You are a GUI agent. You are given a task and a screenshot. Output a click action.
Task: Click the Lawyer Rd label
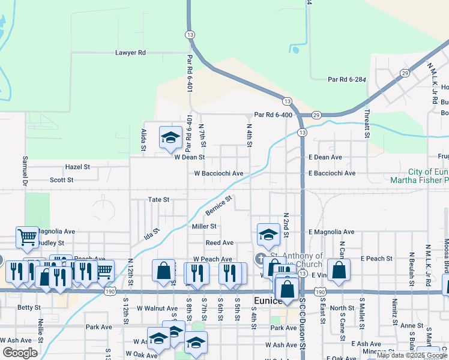point(130,53)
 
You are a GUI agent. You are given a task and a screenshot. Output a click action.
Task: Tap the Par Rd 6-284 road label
point(346,79)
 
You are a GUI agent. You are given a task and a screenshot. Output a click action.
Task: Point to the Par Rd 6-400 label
point(273,115)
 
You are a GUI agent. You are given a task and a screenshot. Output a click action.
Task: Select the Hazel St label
point(77,167)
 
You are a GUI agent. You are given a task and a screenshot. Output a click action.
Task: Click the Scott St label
point(61,179)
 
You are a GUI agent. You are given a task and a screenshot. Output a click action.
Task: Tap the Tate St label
point(158,199)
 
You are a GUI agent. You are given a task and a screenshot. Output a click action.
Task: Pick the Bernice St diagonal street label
point(218,206)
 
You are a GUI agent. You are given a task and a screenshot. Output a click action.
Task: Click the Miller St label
point(203,226)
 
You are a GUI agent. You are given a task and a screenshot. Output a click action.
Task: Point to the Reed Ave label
point(219,243)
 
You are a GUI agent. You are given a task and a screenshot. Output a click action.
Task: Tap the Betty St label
point(28,307)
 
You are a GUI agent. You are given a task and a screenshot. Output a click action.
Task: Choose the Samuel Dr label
point(25,170)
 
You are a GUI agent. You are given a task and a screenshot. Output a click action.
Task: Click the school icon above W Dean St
point(170,137)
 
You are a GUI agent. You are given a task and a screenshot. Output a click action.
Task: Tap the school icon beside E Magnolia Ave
point(268,235)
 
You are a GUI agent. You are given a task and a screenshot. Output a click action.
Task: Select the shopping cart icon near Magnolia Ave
point(27,238)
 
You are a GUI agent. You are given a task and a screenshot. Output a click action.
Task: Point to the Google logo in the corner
point(20,353)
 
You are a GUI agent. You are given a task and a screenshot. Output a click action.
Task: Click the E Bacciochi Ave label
point(333,173)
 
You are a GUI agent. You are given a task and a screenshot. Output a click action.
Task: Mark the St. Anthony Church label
point(295,260)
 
